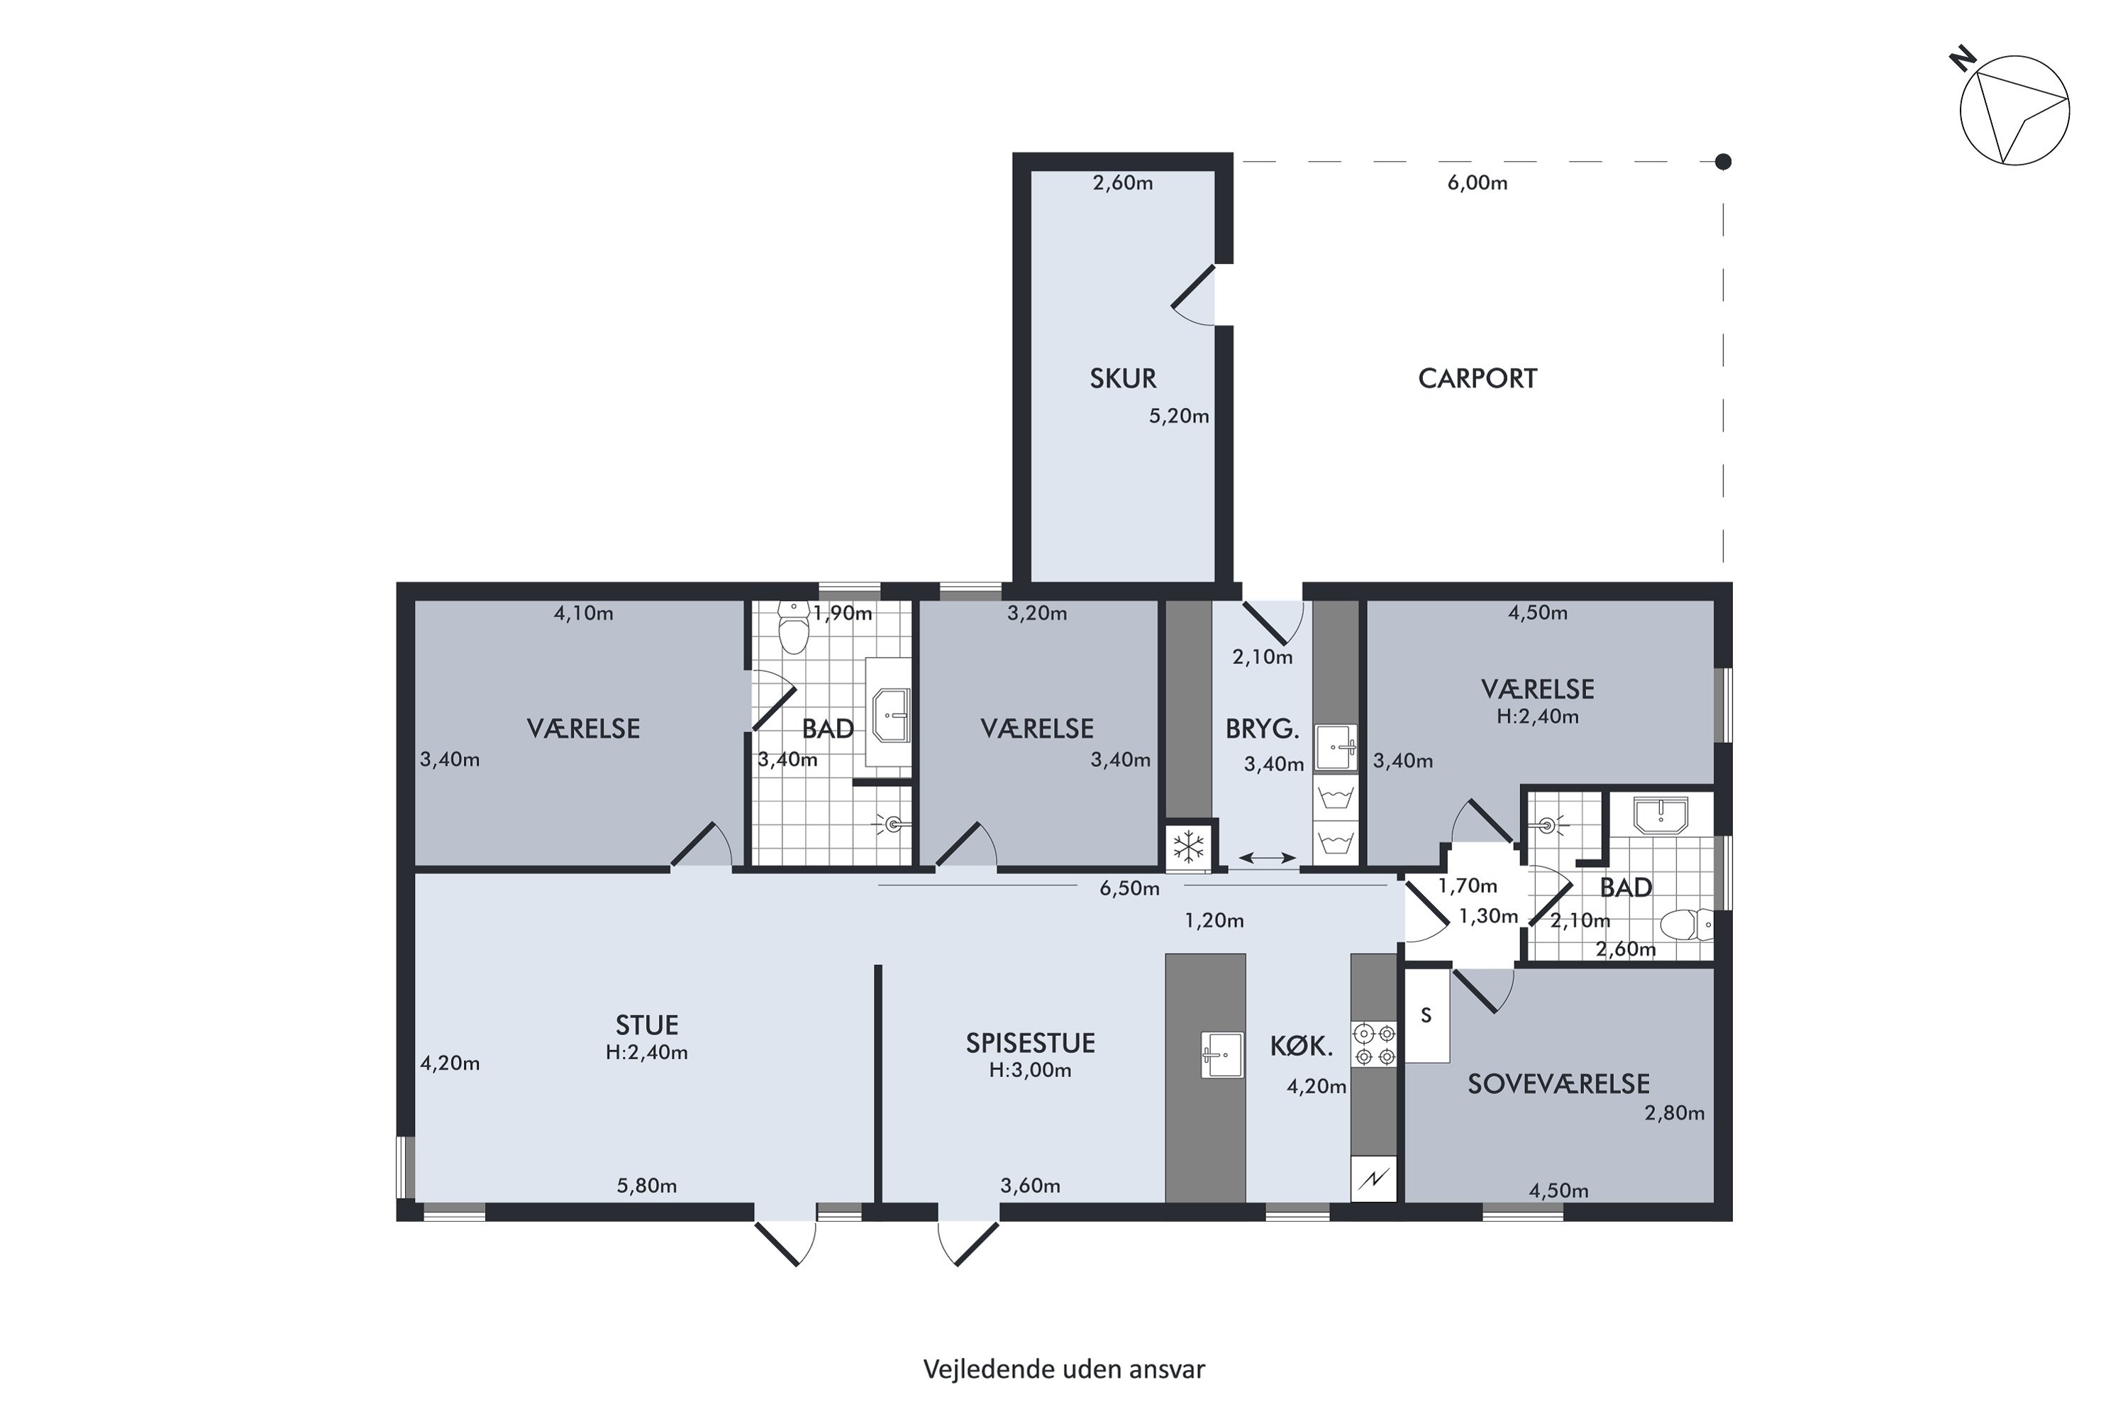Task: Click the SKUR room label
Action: pyautogui.click(x=1123, y=378)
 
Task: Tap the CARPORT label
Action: pyautogui.click(x=1478, y=378)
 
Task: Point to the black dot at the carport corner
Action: pyautogui.click(x=1724, y=162)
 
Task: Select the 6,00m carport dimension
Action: pyautogui.click(x=1478, y=183)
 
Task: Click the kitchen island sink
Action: pyautogui.click(x=1222, y=1054)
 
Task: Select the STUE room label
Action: pyautogui.click(x=647, y=1025)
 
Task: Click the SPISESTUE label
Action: pyautogui.click(x=1031, y=1044)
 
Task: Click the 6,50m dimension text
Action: pyautogui.click(x=1129, y=889)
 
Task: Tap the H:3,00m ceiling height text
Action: pyautogui.click(x=1031, y=1071)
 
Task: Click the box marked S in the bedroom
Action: pyautogui.click(x=1426, y=1015)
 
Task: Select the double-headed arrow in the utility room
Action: pyautogui.click(x=1267, y=858)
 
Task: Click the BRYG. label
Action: pyautogui.click(x=1262, y=729)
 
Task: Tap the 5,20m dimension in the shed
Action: pyautogui.click(x=1179, y=416)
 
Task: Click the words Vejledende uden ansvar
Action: pyautogui.click(x=1064, y=1369)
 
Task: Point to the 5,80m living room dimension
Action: pyautogui.click(x=647, y=1186)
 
